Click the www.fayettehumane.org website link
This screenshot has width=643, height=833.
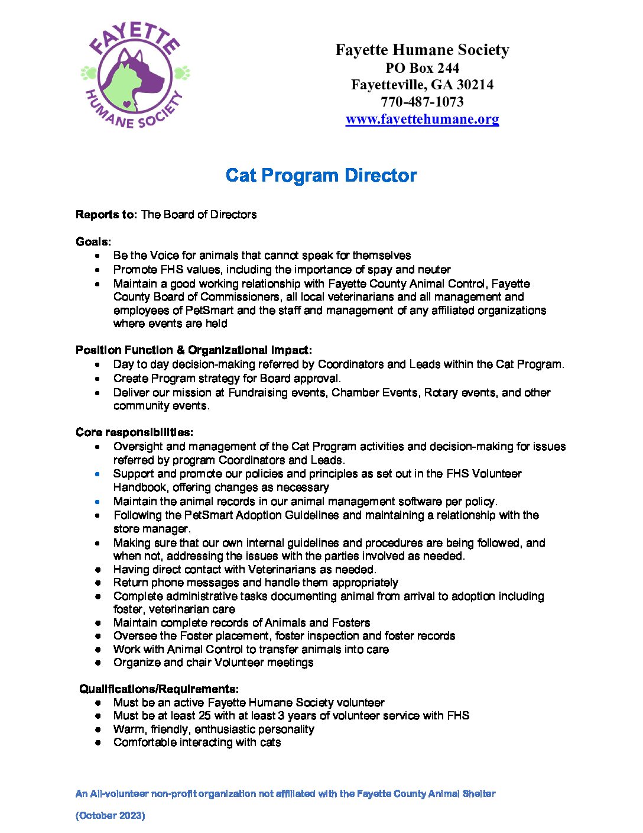tap(422, 119)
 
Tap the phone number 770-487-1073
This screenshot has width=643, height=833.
tap(422, 102)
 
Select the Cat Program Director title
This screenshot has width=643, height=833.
tap(321, 176)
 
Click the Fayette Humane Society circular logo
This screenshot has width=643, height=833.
tap(135, 75)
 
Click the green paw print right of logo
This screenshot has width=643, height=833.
tap(181, 73)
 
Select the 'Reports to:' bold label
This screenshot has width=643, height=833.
tap(106, 215)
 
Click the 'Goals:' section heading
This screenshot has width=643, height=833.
tap(93, 241)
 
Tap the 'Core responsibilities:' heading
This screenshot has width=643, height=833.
tap(134, 432)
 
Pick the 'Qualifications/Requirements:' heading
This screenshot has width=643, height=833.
tap(159, 689)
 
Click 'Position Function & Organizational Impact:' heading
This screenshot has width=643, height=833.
tap(194, 350)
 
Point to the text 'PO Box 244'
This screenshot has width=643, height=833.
tap(422, 68)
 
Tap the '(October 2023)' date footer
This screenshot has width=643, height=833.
tap(111, 815)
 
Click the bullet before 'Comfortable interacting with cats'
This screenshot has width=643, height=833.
tap(98, 742)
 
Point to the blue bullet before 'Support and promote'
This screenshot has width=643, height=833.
tap(98, 474)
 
